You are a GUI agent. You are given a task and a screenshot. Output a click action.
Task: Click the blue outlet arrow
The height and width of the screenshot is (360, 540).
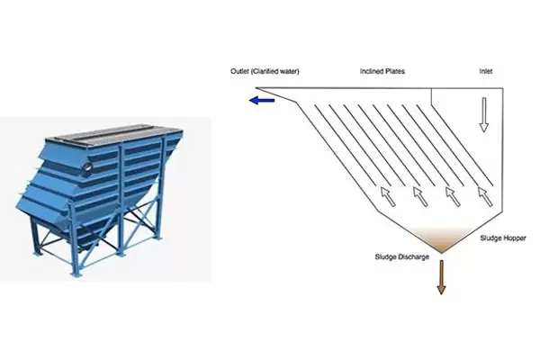tap(262, 101)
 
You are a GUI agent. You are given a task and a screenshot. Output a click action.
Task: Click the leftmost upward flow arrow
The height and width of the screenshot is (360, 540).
tap(386, 193)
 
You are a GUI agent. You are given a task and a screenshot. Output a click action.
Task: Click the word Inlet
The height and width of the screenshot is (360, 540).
tap(488, 68)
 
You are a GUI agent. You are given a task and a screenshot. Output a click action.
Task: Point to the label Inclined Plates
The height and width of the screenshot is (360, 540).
tap(382, 68)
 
